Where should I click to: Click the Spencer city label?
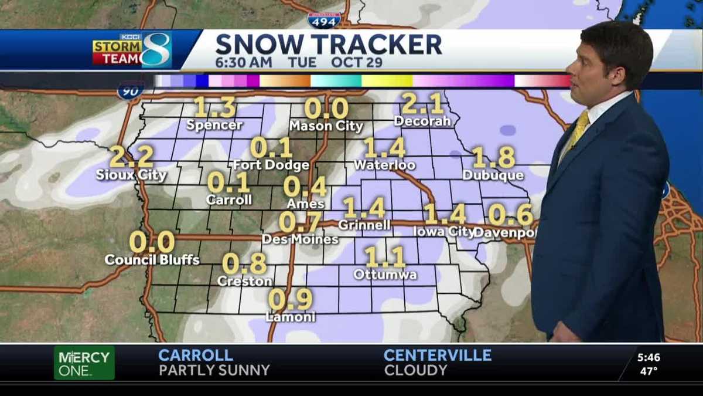click(214, 125)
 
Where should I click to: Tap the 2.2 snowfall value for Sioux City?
click(131, 157)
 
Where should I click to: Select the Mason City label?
click(326, 126)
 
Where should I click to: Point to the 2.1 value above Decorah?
click(422, 104)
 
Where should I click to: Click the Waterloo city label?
click(384, 165)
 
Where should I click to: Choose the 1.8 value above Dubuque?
click(493, 157)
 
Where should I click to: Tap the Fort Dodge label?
click(271, 165)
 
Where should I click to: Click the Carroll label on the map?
click(229, 200)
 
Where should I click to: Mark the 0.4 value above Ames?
click(305, 187)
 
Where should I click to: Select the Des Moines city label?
click(300, 239)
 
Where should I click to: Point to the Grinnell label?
click(364, 225)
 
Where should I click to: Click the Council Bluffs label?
click(152, 259)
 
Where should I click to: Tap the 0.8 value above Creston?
click(244, 264)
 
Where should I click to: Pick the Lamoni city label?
click(291, 317)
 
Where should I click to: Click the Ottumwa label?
click(385, 275)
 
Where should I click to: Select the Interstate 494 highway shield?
click(324, 20)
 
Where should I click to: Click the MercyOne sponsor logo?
click(84, 363)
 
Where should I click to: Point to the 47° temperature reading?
click(648, 371)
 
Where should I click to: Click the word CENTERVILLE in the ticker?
click(437, 355)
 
